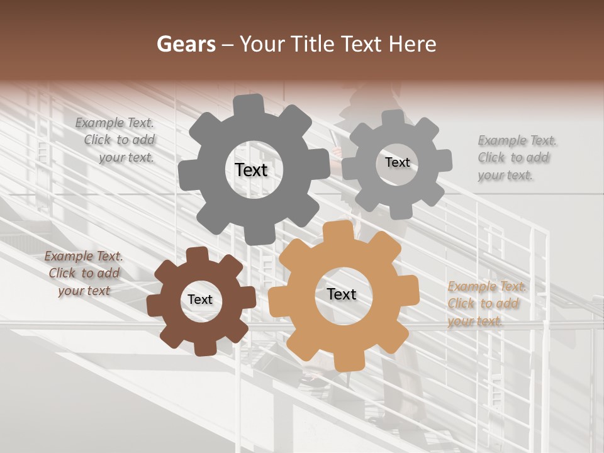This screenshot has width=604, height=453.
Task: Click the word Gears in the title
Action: (x=186, y=44)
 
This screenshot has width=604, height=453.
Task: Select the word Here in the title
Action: (x=412, y=44)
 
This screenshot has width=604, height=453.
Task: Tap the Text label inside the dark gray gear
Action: (x=251, y=170)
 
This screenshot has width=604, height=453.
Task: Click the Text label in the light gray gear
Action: (x=397, y=162)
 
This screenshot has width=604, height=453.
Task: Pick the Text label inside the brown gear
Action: (x=200, y=300)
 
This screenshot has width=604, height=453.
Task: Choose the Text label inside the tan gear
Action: (x=342, y=294)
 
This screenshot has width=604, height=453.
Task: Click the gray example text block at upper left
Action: (x=117, y=140)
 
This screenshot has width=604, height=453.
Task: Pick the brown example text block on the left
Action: (x=84, y=273)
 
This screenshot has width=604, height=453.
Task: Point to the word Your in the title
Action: (x=259, y=44)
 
